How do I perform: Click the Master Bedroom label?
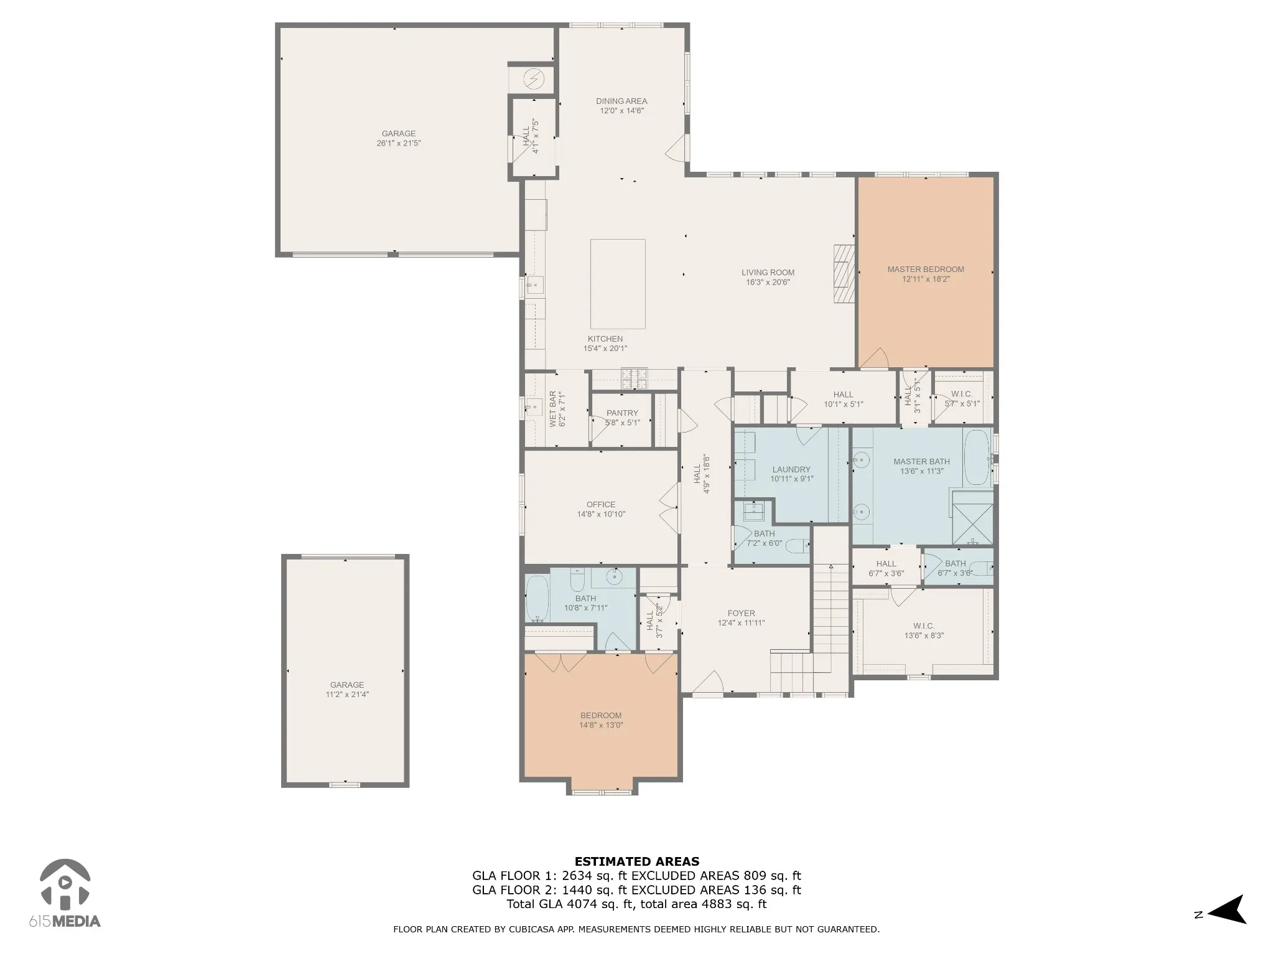[x=926, y=269]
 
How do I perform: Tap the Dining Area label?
[x=621, y=101]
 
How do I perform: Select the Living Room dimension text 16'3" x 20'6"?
[x=768, y=283]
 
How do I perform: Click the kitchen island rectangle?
[x=618, y=284]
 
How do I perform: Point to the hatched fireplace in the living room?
[x=844, y=273]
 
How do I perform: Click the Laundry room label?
[x=791, y=470]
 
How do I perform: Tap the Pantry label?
[x=622, y=413]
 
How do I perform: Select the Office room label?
[x=601, y=505]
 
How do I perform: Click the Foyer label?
[x=741, y=613]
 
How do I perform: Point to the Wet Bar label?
[x=553, y=409]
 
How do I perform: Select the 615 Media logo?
[x=65, y=894]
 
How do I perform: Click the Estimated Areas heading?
[x=637, y=862]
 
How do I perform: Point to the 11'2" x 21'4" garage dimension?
[x=347, y=695]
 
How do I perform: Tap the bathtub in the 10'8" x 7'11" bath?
[x=537, y=599]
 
